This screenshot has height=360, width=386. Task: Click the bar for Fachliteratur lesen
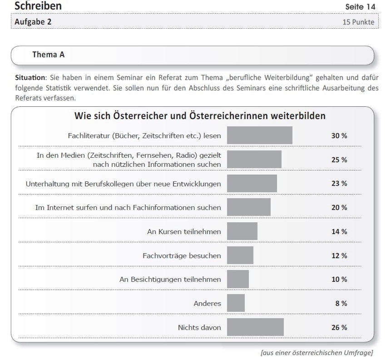pyautogui.click(x=259, y=135)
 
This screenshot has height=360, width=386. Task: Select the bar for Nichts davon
pyautogui.click(x=255, y=327)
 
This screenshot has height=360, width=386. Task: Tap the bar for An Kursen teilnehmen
pyautogui.click(x=242, y=231)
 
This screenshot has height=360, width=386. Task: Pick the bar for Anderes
pyautogui.click(x=236, y=303)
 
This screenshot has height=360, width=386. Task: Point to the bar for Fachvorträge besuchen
pyautogui.click(x=240, y=255)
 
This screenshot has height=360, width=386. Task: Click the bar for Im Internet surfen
pyautogui.click(x=248, y=207)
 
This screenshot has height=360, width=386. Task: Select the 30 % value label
pyautogui.click(x=339, y=135)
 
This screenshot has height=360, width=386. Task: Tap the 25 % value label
pyautogui.click(x=339, y=160)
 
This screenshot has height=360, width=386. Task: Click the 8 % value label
pyautogui.click(x=341, y=303)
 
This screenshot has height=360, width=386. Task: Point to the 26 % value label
pyautogui.click(x=339, y=327)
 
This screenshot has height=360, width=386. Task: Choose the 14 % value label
pyautogui.click(x=339, y=231)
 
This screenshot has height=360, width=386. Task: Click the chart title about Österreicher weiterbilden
pyautogui.click(x=200, y=116)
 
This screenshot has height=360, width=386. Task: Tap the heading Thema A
pyautogui.click(x=48, y=55)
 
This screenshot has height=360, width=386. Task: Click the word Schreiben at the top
pyautogui.click(x=38, y=6)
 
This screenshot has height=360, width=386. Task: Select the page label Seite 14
pyautogui.click(x=361, y=7)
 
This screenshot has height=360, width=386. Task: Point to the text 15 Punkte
pyautogui.click(x=359, y=22)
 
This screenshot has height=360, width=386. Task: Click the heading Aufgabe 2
pyautogui.click(x=33, y=21)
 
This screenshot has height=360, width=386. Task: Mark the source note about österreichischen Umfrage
pyautogui.click(x=317, y=353)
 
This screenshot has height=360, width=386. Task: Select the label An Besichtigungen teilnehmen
pyautogui.click(x=170, y=279)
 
